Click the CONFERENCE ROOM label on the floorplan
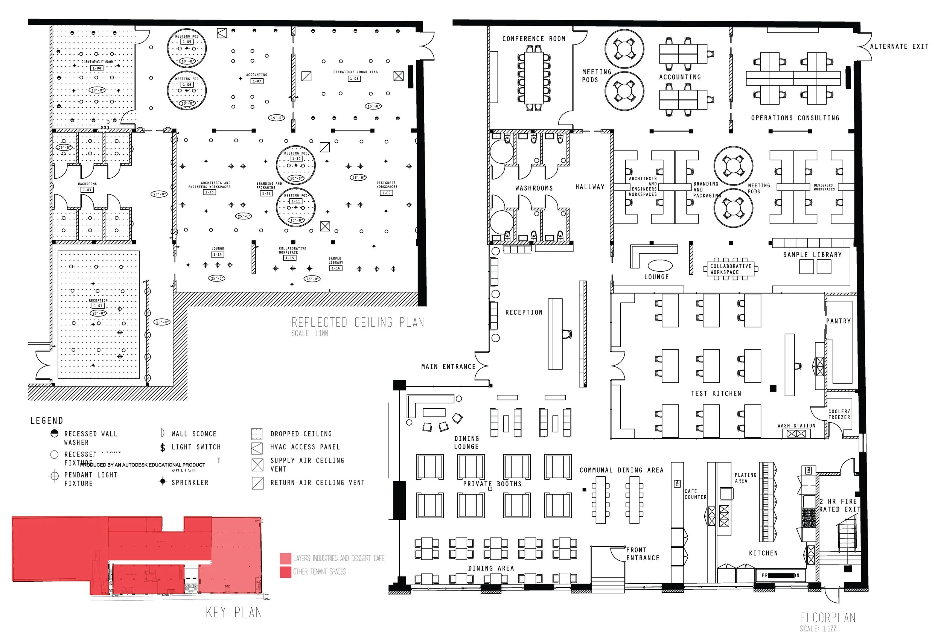pos(533,39)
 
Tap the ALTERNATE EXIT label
pos(899,47)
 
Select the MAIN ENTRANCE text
pos(448,367)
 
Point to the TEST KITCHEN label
pos(716,394)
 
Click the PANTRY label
pos(838,321)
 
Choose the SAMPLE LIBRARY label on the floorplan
pos(812,255)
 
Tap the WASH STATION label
pos(796,426)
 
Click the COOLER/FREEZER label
pos(839,414)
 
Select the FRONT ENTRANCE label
pos(643,554)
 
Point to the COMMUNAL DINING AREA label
pos(621,470)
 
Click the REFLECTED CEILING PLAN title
pos(358,323)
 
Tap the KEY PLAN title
pos(234,612)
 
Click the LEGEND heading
pos(47,421)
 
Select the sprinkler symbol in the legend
pos(163,482)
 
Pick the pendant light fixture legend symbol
pos(54,476)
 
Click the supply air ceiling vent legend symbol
pos(257,465)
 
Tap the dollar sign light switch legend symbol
pos(163,448)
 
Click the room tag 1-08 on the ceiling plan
pos(354,79)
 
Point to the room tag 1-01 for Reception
pos(98,306)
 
